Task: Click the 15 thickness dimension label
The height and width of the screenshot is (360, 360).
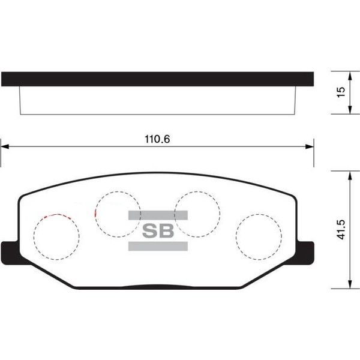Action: (x=341, y=92)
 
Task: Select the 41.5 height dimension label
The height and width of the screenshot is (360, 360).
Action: (x=341, y=229)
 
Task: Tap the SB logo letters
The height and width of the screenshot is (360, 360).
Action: (x=158, y=230)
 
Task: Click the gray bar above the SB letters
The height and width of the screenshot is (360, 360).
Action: (x=158, y=215)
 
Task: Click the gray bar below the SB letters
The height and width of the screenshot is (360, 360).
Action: (x=158, y=246)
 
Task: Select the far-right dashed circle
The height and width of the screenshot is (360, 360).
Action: (x=259, y=236)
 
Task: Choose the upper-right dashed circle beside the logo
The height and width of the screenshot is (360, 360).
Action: (x=197, y=213)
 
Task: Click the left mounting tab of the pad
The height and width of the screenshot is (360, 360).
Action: (x=10, y=250)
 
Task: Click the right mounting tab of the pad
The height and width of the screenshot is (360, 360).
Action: (x=306, y=250)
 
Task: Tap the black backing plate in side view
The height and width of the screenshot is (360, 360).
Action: (x=157, y=79)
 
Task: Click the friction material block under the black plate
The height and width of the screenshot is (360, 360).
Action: (x=157, y=100)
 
